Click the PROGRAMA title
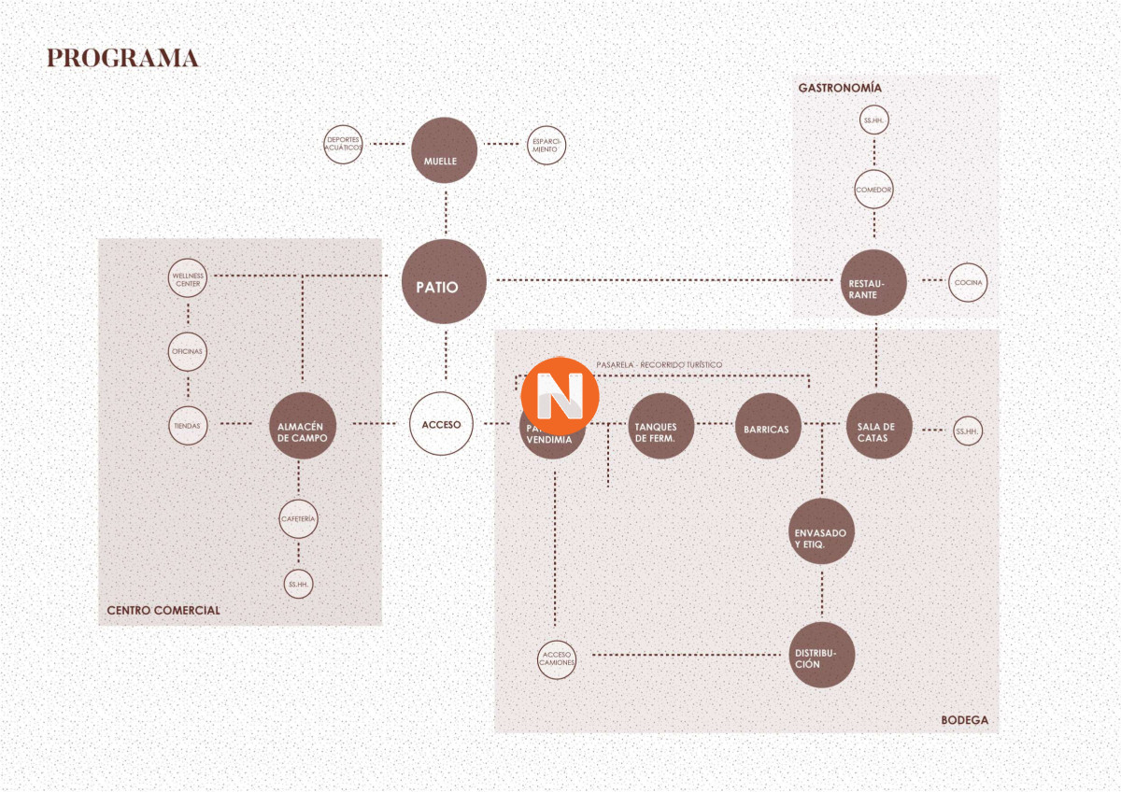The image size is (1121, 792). tap(122, 58)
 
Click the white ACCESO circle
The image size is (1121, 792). tap(442, 424)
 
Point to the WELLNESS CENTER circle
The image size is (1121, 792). tap(188, 278)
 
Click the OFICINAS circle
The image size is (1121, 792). tap(188, 352)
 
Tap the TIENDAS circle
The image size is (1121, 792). tap(188, 425)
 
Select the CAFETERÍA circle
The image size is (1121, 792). tap(299, 518)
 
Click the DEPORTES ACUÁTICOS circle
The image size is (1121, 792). tap(343, 145)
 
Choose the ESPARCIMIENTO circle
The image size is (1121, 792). tap(546, 145)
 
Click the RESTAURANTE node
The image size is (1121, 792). tap(875, 282)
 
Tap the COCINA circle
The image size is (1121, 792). tap(968, 282)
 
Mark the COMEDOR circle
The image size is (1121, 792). tap(874, 190)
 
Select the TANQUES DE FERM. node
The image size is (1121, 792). tap(660, 428)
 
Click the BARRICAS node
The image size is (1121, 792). tap(767, 428)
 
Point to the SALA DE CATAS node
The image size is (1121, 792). tap(878, 428)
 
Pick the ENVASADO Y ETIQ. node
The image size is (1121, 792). tap(821, 532)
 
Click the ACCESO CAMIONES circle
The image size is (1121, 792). tap(557, 658)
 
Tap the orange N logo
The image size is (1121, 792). tap(560, 395)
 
